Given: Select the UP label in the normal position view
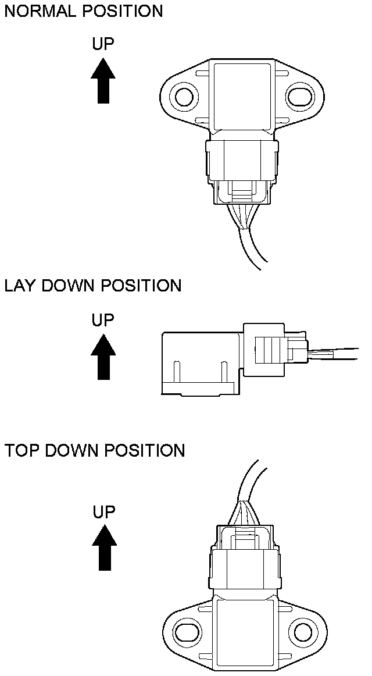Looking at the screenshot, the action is [103, 44].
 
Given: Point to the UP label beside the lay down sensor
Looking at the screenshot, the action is [103, 319].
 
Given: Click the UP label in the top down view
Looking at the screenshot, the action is [104, 512].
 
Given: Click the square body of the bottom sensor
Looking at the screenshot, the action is [244, 631].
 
